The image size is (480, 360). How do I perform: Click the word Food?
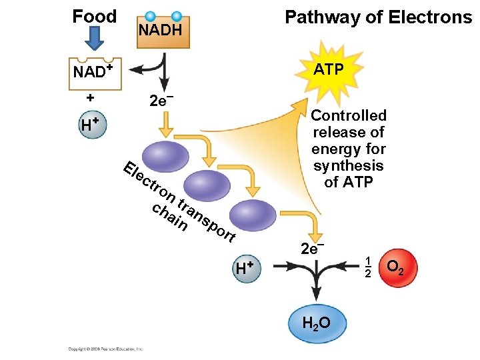tap(94, 16)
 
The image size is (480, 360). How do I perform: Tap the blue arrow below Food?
tap(95, 39)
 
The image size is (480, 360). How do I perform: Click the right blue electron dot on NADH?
tap(177, 16)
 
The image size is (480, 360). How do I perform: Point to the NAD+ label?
tap(92, 71)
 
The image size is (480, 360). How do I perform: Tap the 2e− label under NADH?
tap(162, 101)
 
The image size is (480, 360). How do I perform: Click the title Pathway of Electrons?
tap(378, 17)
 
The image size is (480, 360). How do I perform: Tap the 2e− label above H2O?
tap(312, 249)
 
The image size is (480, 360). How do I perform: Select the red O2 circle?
tap(395, 268)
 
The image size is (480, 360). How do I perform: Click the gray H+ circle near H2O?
tap(247, 268)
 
